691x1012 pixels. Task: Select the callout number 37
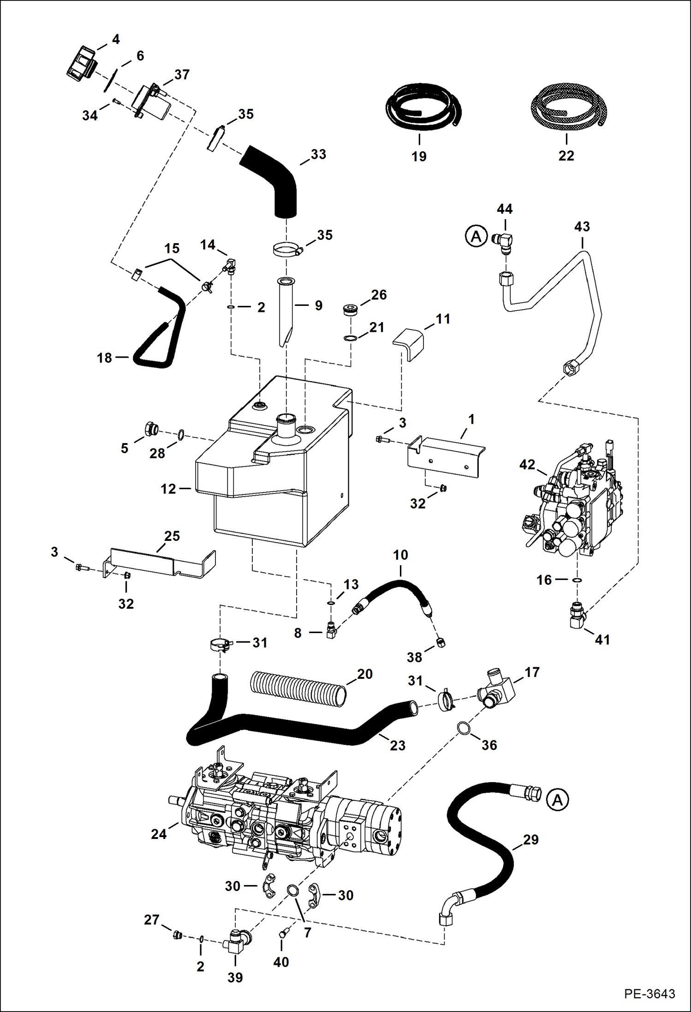coord(182,74)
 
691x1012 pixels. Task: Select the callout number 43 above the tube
coord(582,227)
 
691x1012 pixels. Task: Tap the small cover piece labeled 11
coord(409,343)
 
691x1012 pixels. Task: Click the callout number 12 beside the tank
coord(168,489)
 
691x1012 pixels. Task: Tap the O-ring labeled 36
coord(464,729)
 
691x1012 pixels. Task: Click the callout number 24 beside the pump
coord(158,833)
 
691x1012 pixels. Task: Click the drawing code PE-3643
coord(649,994)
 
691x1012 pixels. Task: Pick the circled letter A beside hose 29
coord(557,800)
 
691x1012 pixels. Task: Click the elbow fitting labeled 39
coord(236,941)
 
